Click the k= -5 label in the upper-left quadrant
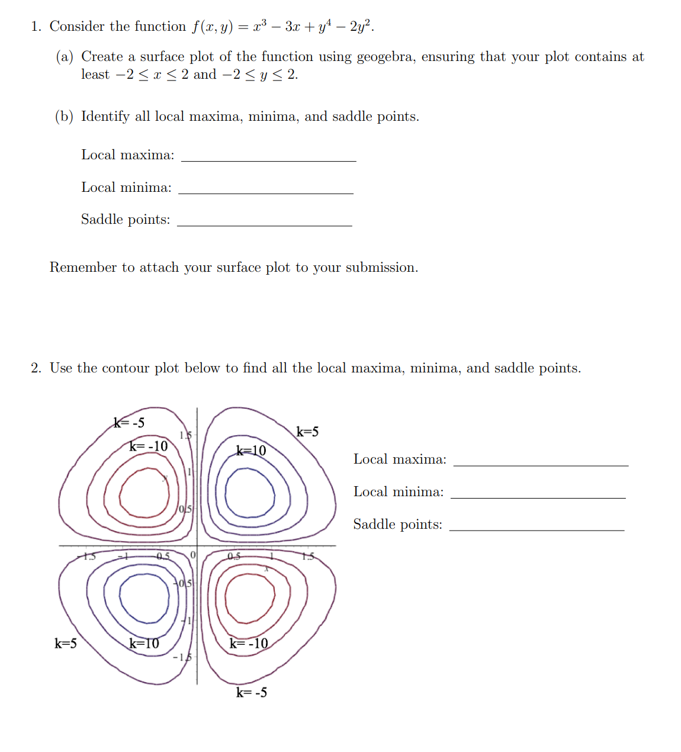coord(129,423)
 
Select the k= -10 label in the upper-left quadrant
coord(149,446)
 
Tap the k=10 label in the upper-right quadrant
coord(251,451)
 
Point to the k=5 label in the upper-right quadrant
coord(307,432)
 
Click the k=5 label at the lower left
coord(66,643)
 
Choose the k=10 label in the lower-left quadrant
coord(144,643)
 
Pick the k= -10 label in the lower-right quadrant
coord(249,644)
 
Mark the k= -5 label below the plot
coord(252,692)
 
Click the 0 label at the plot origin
coord(192,555)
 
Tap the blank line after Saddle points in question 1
coord(264,225)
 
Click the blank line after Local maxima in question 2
coord(540,465)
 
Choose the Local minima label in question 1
coord(126,188)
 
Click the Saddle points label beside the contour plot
coord(397,525)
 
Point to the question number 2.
coord(36,368)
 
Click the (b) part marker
coord(64,117)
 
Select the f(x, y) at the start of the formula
coord(212,27)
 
